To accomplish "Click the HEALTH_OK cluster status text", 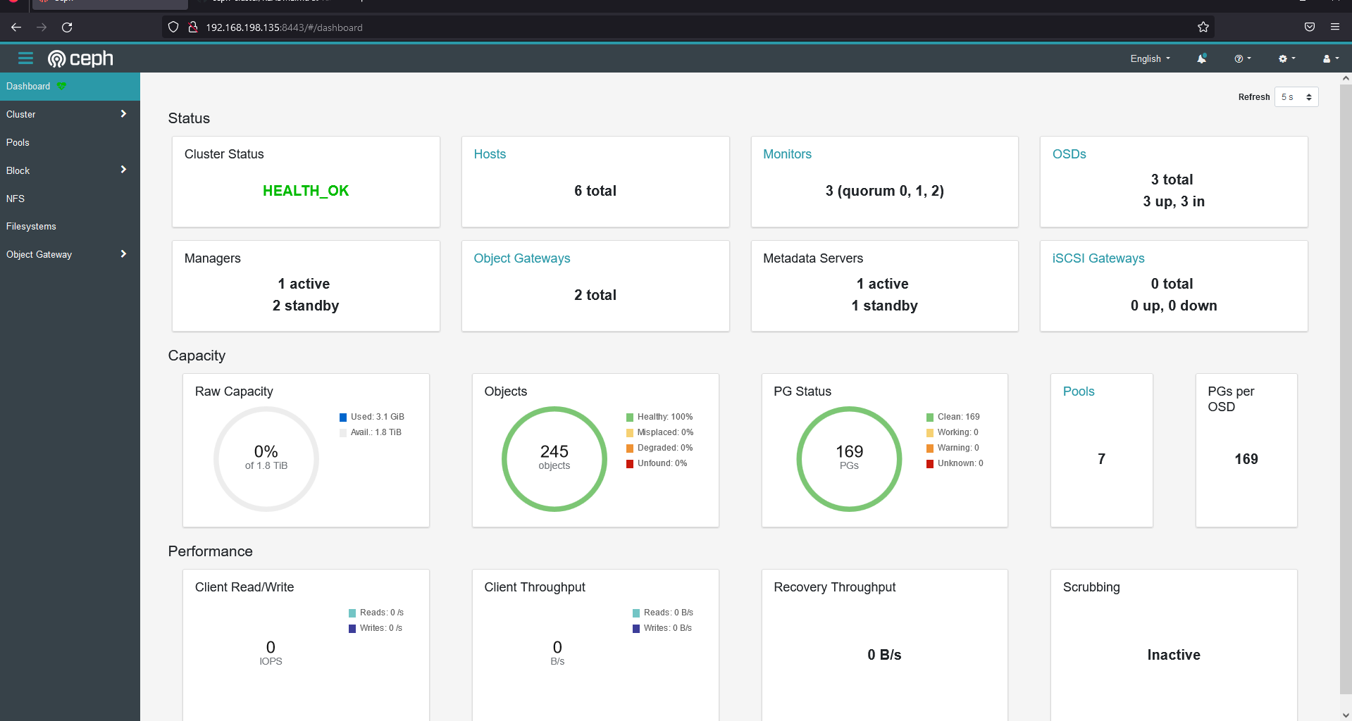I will point(305,191).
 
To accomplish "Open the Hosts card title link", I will point(490,154).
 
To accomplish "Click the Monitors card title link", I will point(787,154).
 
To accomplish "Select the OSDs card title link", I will point(1069,154).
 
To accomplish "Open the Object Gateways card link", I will point(521,258).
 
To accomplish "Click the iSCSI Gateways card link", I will point(1098,258).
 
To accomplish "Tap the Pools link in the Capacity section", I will point(1078,391).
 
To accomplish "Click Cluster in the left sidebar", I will point(21,114).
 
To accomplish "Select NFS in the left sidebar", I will point(15,199).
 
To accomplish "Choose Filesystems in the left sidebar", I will point(31,227).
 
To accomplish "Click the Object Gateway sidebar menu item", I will point(39,255).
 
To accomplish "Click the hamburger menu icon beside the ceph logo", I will point(25,58).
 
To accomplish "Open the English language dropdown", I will point(1150,59).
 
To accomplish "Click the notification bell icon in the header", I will point(1201,59).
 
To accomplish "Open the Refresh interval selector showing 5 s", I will point(1296,97).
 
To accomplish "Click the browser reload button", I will point(67,27).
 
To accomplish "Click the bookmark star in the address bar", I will point(1203,27).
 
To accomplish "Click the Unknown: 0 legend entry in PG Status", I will point(959,463).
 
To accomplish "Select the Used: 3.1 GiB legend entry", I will point(377,417).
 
